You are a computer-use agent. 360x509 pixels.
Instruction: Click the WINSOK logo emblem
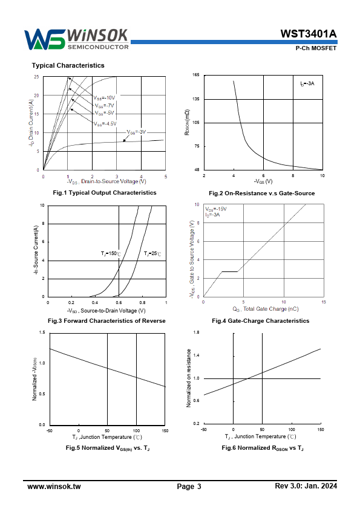[x=45, y=39]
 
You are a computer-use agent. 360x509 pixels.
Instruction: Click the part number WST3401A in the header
[x=309, y=34]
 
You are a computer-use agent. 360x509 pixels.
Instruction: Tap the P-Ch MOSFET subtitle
[x=316, y=48]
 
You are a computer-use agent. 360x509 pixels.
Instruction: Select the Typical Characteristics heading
[x=68, y=65]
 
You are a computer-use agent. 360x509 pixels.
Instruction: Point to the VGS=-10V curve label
[x=104, y=98]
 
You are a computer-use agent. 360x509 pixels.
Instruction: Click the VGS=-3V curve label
[x=137, y=132]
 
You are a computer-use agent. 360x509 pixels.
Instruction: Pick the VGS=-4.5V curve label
[x=105, y=124]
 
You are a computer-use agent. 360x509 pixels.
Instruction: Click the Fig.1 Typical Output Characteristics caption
[x=105, y=192]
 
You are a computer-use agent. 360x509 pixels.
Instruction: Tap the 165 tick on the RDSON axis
[x=196, y=75]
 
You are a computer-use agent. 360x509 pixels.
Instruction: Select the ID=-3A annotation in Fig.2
[x=307, y=83]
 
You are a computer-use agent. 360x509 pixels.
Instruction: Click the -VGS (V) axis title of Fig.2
[x=263, y=181]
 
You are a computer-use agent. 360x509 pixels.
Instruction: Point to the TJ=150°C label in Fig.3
[x=111, y=253]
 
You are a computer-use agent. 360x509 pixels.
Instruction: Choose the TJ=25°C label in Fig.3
[x=152, y=253]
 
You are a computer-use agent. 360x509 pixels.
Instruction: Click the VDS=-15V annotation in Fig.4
[x=216, y=209]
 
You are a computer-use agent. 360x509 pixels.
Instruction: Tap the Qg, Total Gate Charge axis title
[x=266, y=309]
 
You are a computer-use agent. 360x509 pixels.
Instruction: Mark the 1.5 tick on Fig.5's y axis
[x=42, y=332]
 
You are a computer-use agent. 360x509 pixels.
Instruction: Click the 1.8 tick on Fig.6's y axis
[x=196, y=332]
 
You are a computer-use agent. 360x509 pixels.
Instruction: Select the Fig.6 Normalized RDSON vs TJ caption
[x=263, y=448]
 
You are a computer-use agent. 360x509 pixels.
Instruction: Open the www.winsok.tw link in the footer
[x=54, y=486]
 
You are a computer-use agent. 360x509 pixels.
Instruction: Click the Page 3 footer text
[x=189, y=486]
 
